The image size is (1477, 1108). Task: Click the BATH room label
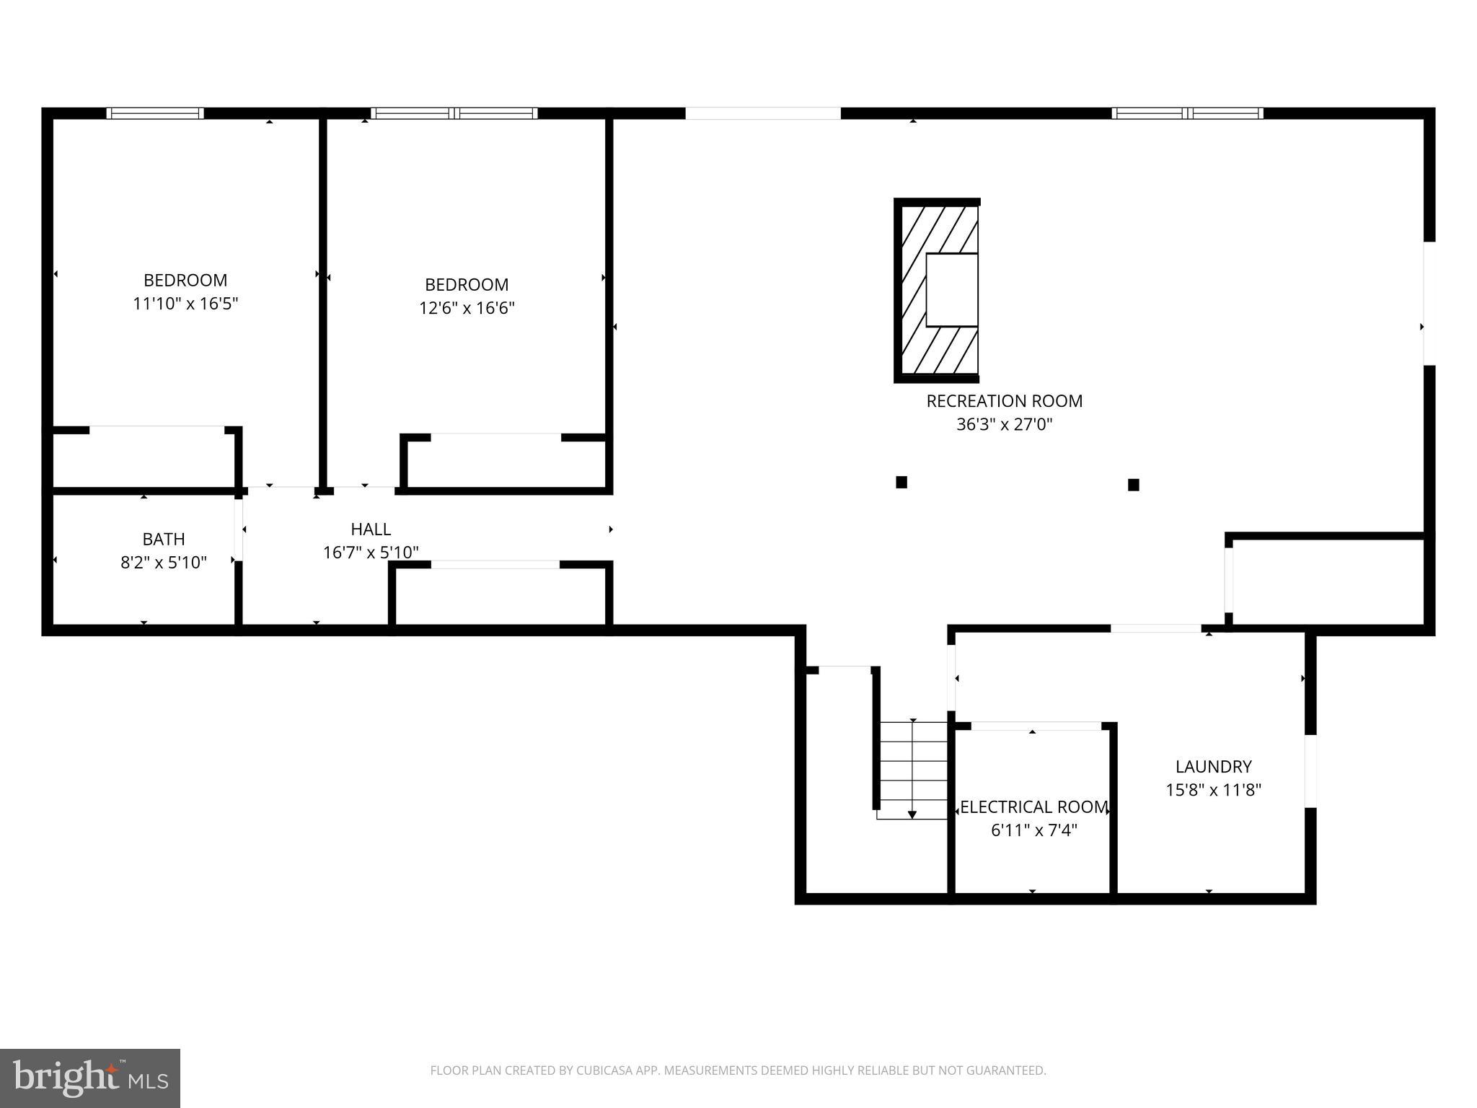164,539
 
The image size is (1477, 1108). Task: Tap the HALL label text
371,529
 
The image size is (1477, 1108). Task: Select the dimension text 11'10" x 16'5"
185,304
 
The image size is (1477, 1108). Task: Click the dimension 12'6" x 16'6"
467,308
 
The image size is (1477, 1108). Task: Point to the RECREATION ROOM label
1004,401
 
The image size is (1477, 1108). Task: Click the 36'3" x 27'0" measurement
1004,424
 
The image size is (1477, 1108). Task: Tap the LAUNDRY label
1213,767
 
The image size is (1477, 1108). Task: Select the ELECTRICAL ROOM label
1033,807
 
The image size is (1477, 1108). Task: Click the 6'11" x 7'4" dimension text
1033,830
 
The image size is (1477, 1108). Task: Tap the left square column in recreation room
901,483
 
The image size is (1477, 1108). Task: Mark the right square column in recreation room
1133,485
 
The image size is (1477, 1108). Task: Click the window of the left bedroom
155,113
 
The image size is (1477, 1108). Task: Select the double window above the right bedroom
454,113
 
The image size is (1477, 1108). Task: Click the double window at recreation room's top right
1187,113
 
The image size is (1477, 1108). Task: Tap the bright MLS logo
90,1078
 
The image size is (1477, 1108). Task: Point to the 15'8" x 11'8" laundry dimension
1213,790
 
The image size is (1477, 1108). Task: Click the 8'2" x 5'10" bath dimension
164,562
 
